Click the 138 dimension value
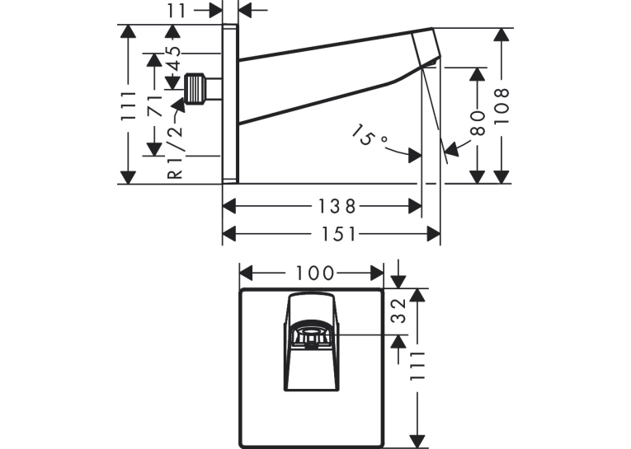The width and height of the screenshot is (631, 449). [337, 207]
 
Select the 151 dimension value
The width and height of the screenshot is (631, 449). [339, 234]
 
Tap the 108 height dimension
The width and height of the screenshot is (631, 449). [502, 106]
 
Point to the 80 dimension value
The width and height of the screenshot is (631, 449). [478, 123]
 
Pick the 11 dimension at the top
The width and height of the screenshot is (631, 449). [177, 11]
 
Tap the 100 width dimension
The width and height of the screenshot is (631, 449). [315, 274]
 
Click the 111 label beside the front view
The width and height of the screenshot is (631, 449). [417, 366]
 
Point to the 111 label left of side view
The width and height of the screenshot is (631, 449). [129, 106]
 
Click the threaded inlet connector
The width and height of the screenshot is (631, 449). [195, 88]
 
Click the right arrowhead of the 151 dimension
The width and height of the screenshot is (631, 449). [433, 234]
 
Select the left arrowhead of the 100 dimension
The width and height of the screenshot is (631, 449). [247, 274]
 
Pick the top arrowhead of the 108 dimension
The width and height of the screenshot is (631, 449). [502, 35]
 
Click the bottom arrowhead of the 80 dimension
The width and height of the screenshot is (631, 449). [478, 177]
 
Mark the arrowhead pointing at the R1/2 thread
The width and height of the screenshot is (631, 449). [178, 105]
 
